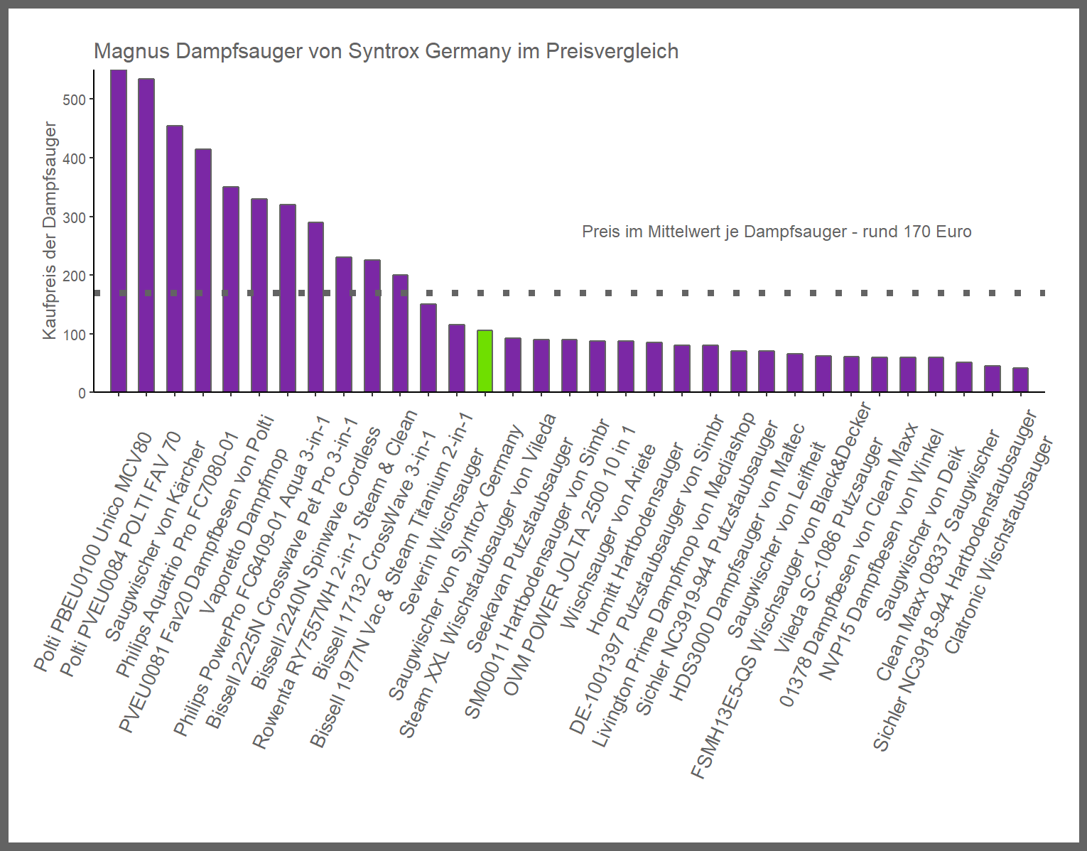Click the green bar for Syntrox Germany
tap(485, 361)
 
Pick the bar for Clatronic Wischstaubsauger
tap(1020, 380)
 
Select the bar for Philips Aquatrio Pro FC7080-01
tap(203, 271)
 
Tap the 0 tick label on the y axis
tap(82, 393)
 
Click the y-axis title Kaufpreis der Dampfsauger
tap(49, 230)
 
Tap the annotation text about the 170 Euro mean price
tap(776, 232)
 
